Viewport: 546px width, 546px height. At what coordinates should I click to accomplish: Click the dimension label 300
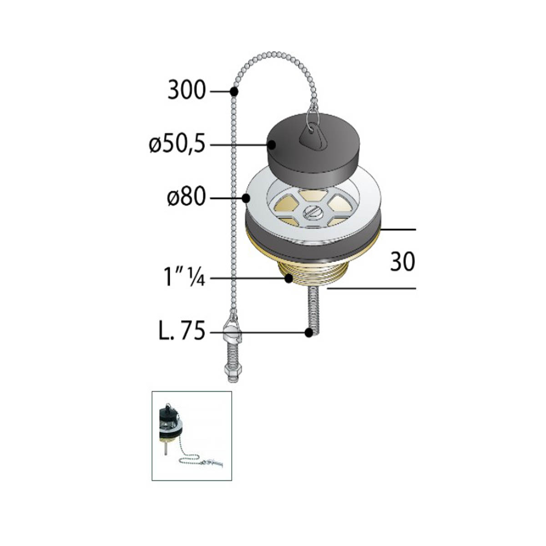[x=187, y=90]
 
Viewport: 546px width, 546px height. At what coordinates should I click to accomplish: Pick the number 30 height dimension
[x=402, y=262]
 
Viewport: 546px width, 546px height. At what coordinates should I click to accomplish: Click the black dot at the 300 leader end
[x=234, y=91]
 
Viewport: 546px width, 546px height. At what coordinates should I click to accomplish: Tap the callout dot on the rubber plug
[x=272, y=145]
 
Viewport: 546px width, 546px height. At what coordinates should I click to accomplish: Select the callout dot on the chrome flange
[x=246, y=198]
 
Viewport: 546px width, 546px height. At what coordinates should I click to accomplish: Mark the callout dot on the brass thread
[x=288, y=278]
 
